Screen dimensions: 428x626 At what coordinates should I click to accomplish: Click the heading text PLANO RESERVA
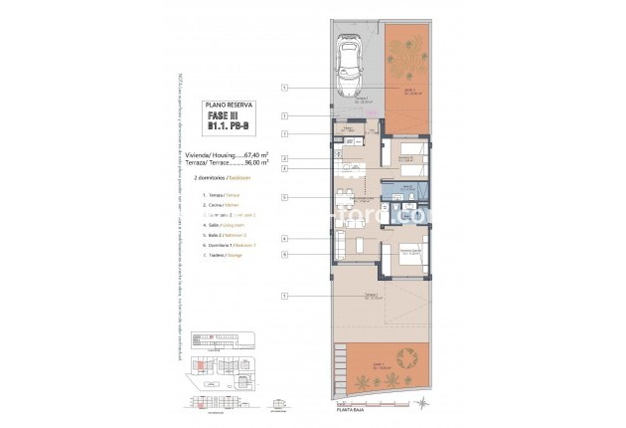(229, 104)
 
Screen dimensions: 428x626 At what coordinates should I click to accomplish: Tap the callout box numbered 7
(284, 132)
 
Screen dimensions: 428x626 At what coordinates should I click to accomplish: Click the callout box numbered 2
(284, 158)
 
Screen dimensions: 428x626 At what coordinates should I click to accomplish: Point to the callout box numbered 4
(284, 239)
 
